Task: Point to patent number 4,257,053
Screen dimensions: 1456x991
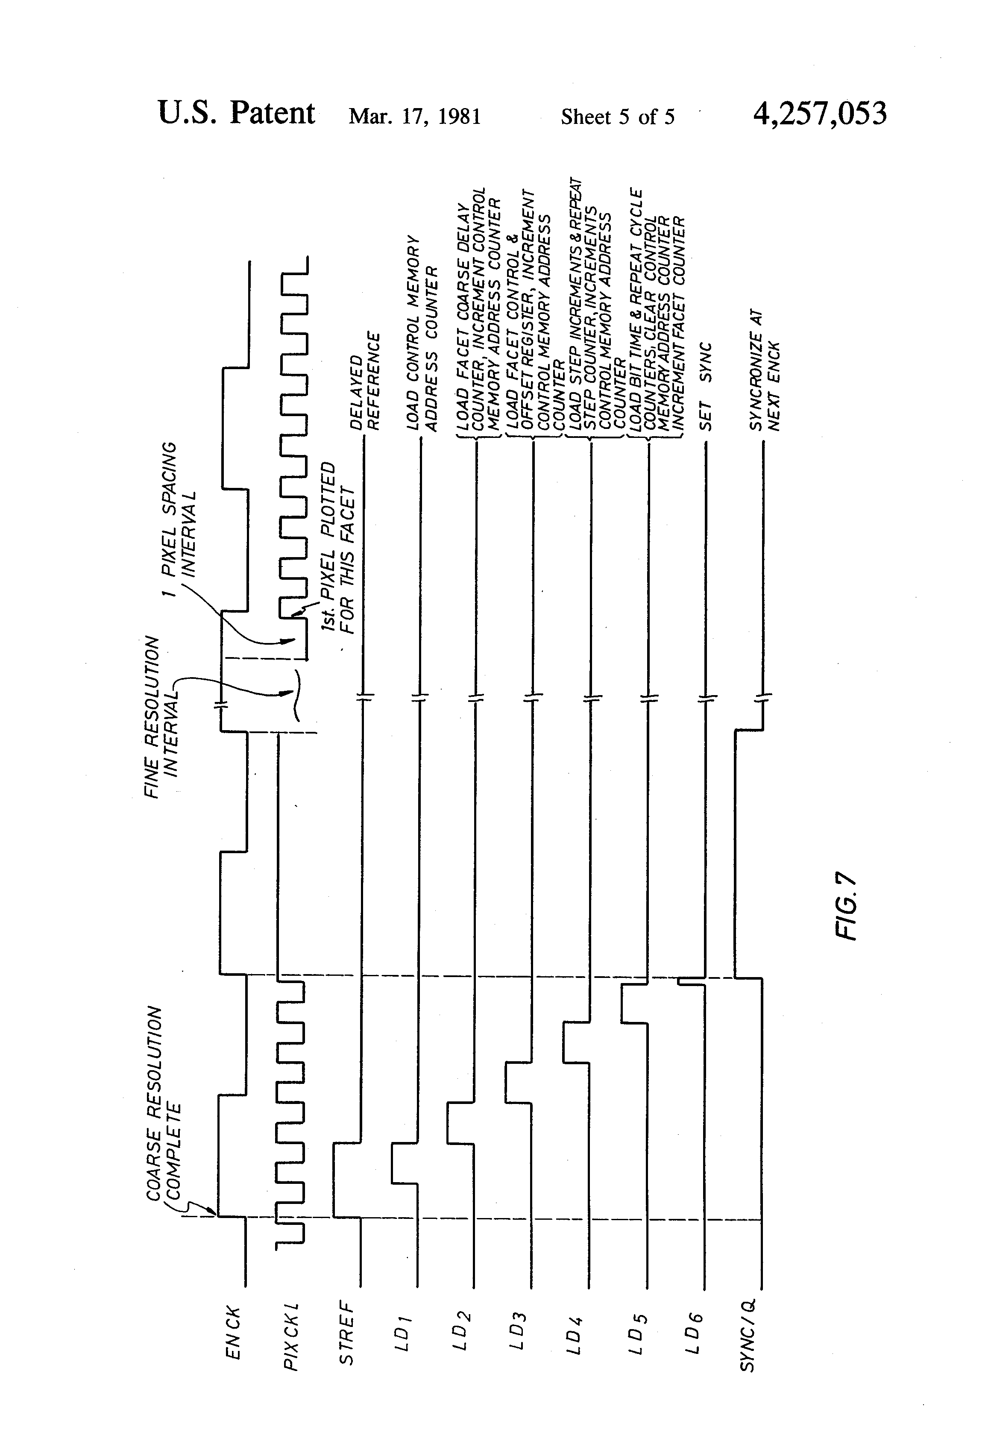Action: pyautogui.click(x=819, y=114)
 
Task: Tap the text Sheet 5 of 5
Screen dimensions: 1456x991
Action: pyautogui.click(x=617, y=117)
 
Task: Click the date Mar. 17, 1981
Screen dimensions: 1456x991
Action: pyautogui.click(x=415, y=117)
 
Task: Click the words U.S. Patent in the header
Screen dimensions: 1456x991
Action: pyautogui.click(x=236, y=113)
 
